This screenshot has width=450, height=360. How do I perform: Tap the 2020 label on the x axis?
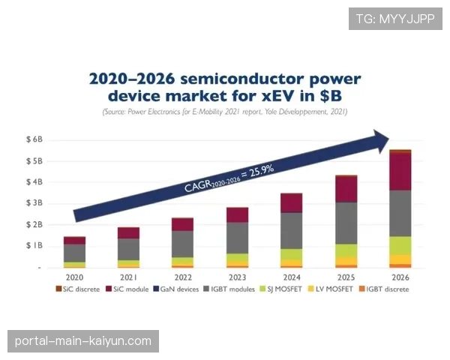[74, 277]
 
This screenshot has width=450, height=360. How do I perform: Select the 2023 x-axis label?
[237, 277]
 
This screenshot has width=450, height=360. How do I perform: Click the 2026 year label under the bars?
[400, 277]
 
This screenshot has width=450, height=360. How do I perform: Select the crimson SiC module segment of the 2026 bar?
[400, 172]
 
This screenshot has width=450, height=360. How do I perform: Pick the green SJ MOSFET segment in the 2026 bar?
[400, 245]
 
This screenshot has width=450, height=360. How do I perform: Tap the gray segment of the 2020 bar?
[74, 253]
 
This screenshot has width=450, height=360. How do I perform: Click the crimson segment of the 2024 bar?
[291, 203]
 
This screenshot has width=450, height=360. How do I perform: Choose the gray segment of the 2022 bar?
[182, 244]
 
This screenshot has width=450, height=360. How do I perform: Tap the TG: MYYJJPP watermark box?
[395, 19]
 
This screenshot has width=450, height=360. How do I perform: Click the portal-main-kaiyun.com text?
[83, 341]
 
